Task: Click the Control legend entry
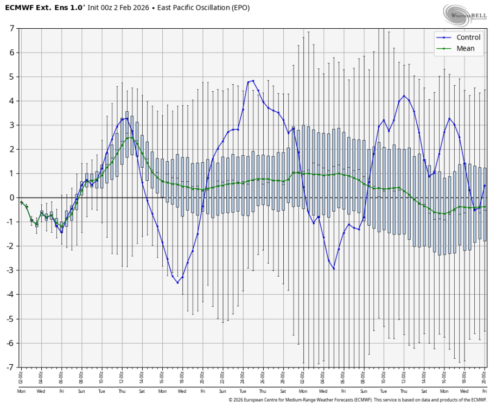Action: [x=468, y=37]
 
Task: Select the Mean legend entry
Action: [x=465, y=48]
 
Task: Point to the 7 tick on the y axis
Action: [x=11, y=28]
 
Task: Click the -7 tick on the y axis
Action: [x=10, y=367]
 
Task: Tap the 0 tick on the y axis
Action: [x=11, y=198]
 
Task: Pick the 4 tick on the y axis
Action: [x=11, y=101]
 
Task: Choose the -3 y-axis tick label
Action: [x=10, y=270]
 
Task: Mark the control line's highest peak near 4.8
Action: [x=253, y=81]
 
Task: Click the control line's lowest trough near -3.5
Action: [x=177, y=282]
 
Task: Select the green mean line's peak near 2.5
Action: [x=129, y=138]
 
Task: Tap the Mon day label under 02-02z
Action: [x=21, y=391]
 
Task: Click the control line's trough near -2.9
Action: [x=334, y=268]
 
